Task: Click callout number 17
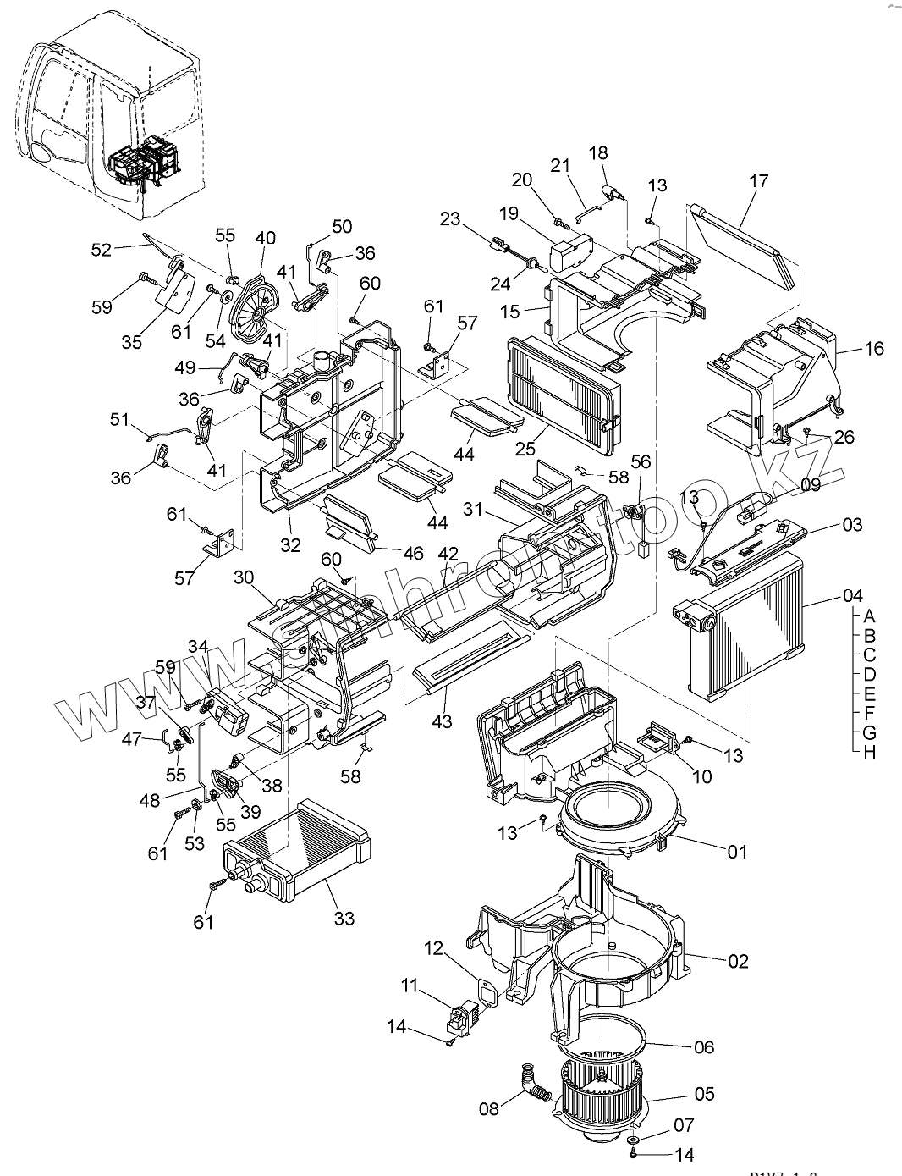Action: tap(758, 180)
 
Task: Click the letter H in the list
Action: tap(869, 752)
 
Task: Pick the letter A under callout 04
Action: tap(869, 616)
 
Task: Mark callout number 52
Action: tap(102, 250)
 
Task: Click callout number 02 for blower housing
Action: tap(738, 961)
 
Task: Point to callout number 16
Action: tap(873, 348)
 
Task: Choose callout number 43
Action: tap(442, 721)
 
